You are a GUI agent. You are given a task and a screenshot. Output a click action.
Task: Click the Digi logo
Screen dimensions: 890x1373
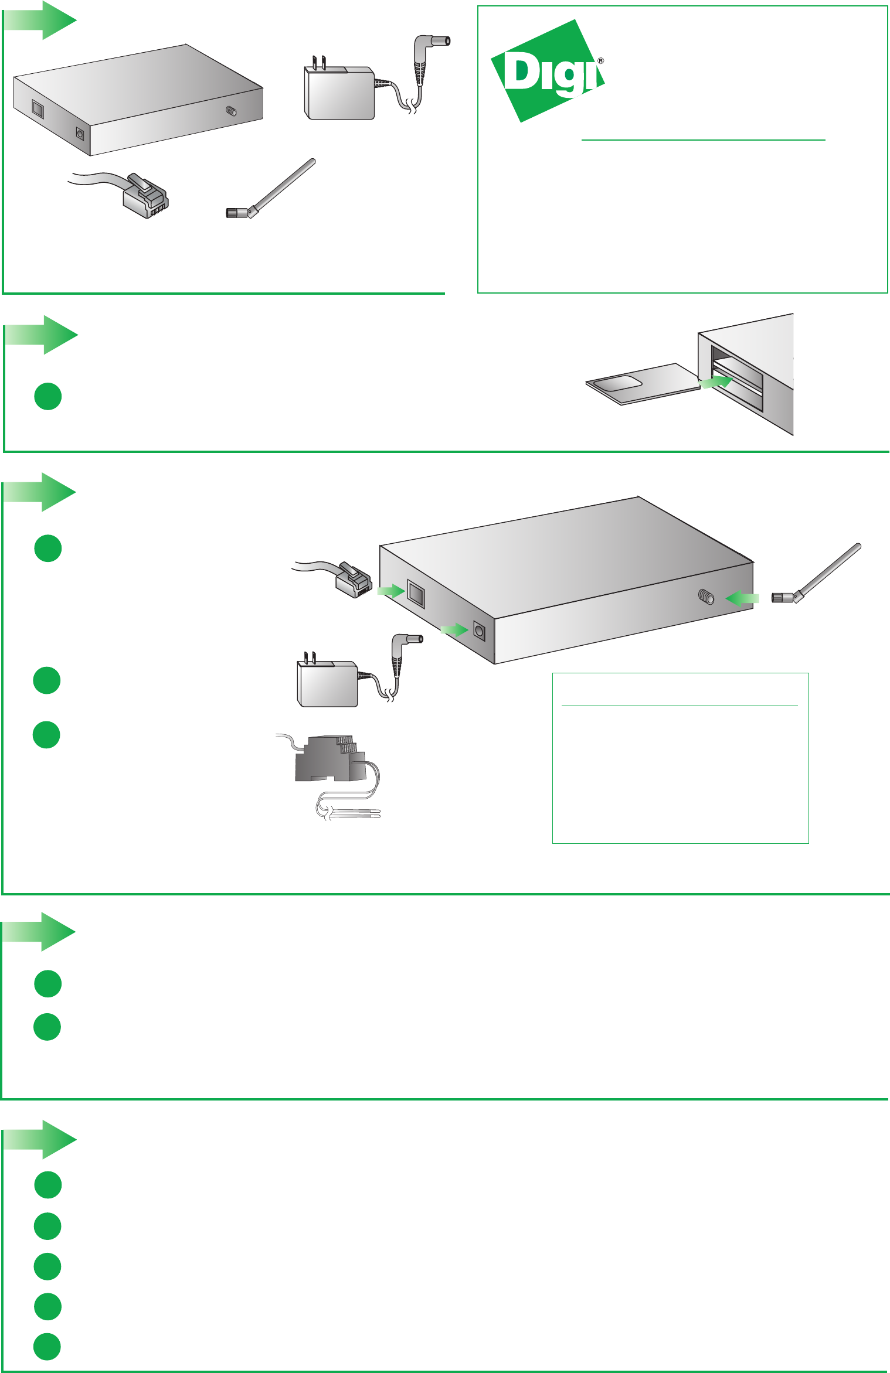tap(547, 71)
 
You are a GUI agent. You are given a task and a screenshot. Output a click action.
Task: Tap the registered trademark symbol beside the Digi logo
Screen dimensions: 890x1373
tap(600, 61)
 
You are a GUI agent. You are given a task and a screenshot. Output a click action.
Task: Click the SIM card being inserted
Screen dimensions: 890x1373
tap(643, 384)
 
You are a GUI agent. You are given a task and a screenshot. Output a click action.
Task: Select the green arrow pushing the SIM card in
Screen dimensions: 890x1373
tap(716, 382)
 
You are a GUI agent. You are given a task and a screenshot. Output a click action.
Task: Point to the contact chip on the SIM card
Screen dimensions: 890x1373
tap(618, 384)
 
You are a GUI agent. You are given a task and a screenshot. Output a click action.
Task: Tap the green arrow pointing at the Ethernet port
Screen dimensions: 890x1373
tap(390, 591)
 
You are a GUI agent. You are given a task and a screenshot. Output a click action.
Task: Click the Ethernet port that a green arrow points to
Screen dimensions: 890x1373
tap(416, 593)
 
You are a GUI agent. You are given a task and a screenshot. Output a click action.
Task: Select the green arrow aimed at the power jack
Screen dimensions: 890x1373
tap(454, 630)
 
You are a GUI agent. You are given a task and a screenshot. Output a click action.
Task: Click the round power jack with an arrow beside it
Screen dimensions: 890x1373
tap(479, 632)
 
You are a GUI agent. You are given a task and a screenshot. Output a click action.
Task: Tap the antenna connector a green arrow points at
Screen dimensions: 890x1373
tap(706, 597)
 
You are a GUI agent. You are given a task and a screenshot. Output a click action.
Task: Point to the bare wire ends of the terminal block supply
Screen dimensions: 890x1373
tap(358, 813)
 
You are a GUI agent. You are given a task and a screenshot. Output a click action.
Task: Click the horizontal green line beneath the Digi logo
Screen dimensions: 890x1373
tap(703, 140)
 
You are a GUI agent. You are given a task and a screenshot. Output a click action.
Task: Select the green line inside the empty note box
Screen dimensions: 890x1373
tap(680, 706)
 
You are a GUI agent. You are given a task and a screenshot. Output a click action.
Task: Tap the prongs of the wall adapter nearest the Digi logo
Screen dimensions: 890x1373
tap(319, 62)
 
